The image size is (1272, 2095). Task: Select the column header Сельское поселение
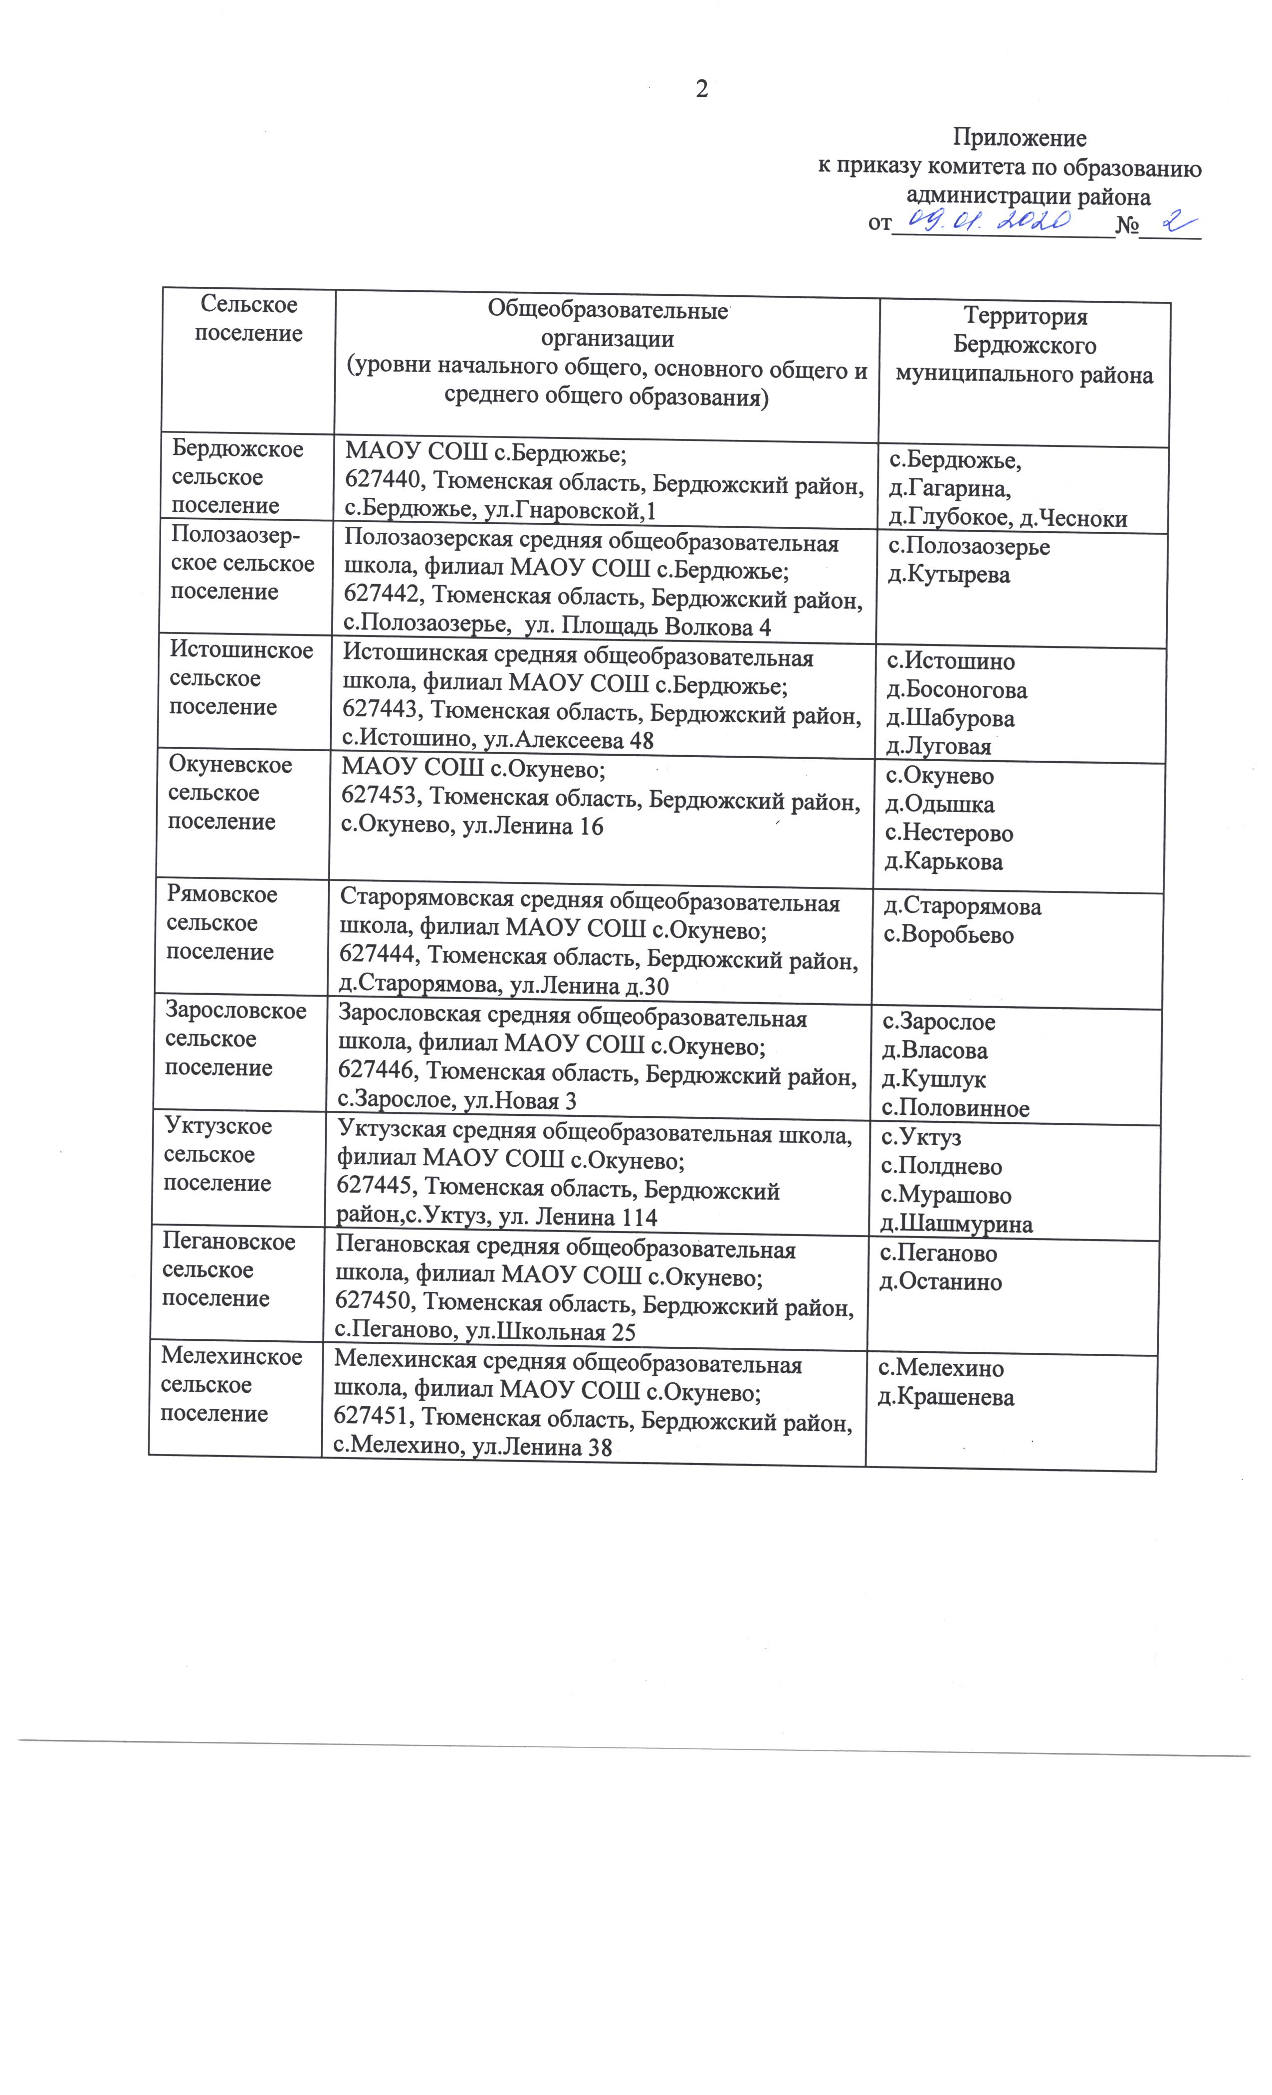(248, 319)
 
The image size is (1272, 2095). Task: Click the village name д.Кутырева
(948, 576)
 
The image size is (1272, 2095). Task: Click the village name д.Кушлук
(934, 1080)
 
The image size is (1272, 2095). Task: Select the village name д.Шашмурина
(956, 1225)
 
